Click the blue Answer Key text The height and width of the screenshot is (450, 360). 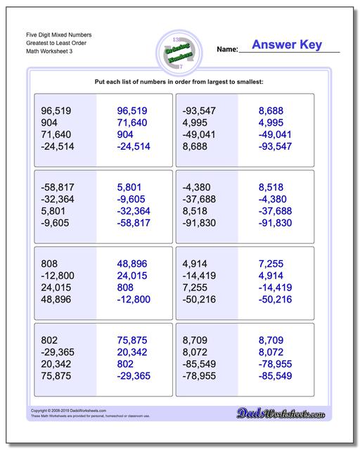click(x=286, y=45)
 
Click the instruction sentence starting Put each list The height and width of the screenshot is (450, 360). click(x=179, y=82)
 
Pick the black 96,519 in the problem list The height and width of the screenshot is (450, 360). click(x=57, y=110)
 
